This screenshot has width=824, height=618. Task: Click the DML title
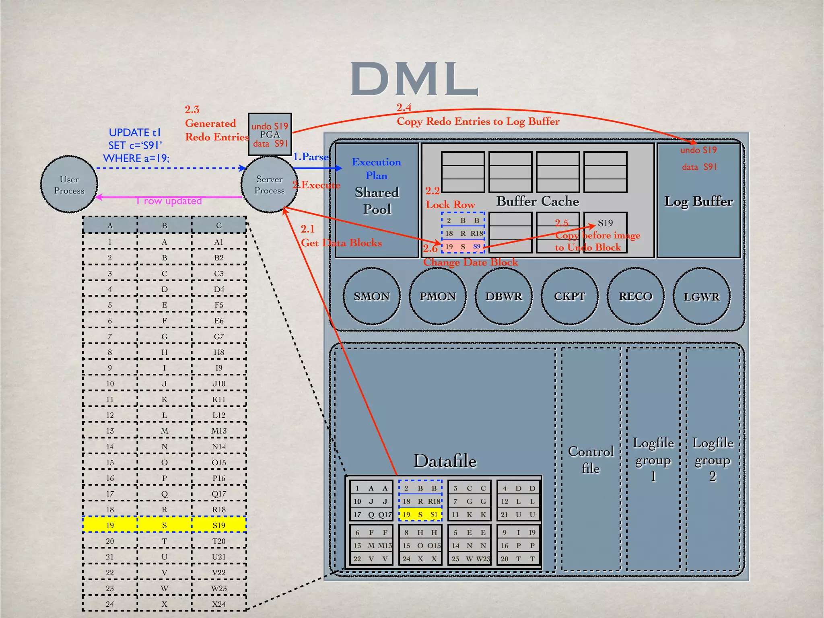point(414,79)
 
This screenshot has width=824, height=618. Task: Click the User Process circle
point(69,185)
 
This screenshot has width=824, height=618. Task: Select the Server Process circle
point(269,185)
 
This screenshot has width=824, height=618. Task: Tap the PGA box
point(270,134)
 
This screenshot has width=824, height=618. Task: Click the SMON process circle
point(371,296)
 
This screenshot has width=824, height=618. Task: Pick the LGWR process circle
point(701,297)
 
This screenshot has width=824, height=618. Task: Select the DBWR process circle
point(503,296)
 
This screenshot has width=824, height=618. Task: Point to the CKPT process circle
point(569,296)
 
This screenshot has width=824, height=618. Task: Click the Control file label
point(591,459)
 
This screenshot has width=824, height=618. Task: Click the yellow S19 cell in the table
point(219,525)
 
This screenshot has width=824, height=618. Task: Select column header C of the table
point(219,225)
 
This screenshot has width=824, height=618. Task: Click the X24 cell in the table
point(219,604)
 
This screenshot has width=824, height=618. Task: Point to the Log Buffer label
point(698,201)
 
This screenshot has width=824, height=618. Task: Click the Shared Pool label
point(377,200)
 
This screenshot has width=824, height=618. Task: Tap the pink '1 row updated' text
point(169,201)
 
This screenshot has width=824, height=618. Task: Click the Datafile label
point(445,461)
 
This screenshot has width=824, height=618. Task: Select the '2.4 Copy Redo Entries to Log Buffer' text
point(478,121)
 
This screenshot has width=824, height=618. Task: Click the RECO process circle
point(635,296)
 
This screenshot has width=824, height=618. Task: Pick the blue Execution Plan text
point(376,169)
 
